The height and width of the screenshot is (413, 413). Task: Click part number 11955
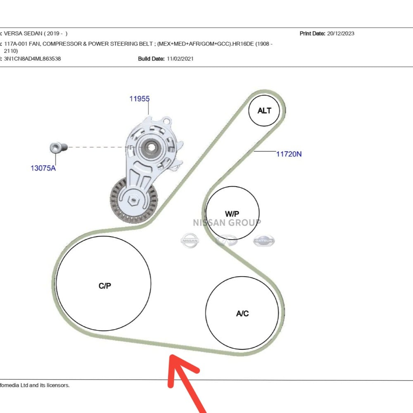click(x=139, y=99)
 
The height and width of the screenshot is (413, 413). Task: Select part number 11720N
click(x=289, y=154)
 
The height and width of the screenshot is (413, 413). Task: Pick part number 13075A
click(x=43, y=168)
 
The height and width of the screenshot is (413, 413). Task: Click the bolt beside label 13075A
click(x=59, y=147)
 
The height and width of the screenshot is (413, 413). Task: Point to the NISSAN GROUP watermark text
click(x=227, y=223)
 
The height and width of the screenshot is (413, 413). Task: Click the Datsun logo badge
click(x=264, y=241)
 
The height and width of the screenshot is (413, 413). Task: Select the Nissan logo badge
click(x=190, y=240)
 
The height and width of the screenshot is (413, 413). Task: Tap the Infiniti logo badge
click(x=226, y=240)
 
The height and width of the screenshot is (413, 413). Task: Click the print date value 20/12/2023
click(x=341, y=33)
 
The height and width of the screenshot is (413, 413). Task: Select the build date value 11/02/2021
click(x=180, y=59)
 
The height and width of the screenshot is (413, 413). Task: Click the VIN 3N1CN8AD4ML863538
click(x=32, y=59)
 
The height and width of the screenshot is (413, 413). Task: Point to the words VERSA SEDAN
click(x=23, y=33)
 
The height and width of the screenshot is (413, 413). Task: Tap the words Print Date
click(x=312, y=33)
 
